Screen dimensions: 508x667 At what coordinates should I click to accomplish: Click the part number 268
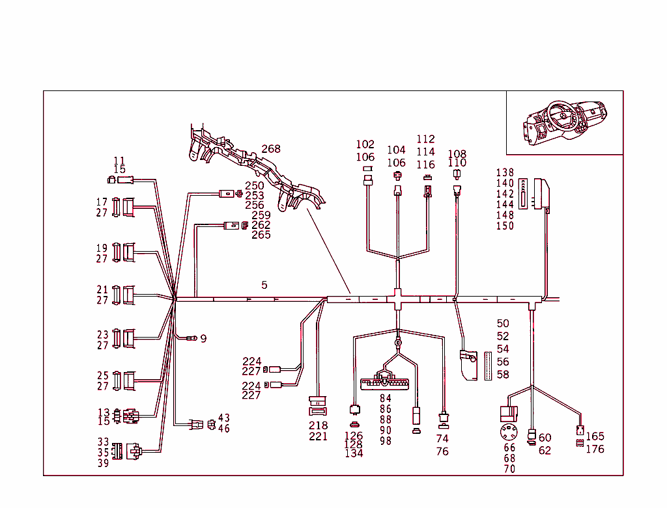coord(271,149)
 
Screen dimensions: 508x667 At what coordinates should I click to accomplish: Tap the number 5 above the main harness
coord(264,285)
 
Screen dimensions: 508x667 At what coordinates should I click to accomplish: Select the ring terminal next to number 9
coord(192,338)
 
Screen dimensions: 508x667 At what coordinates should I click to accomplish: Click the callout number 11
coord(119,161)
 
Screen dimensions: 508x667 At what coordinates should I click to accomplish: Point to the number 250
coord(255,186)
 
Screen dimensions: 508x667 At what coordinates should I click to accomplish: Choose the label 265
coord(261,235)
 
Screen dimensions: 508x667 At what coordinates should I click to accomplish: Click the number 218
coord(319,425)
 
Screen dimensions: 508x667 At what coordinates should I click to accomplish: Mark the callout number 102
coord(365,144)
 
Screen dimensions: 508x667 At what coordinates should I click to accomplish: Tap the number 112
coord(425,139)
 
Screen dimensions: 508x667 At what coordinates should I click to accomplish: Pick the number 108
coord(457,154)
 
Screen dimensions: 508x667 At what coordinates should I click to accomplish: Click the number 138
coord(505,173)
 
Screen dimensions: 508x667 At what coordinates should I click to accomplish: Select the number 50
coord(503,323)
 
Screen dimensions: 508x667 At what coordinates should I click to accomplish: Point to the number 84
coord(386,398)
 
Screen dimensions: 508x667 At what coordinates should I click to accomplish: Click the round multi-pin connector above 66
coord(509,432)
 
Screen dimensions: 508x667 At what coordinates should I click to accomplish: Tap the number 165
coord(595,436)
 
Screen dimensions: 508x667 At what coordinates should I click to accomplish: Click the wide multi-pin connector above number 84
coord(386,382)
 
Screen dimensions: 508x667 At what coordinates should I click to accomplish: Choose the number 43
coord(223,418)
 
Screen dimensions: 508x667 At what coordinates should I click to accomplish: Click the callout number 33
coord(104,442)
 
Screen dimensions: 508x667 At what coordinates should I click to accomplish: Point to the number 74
coord(442,439)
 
